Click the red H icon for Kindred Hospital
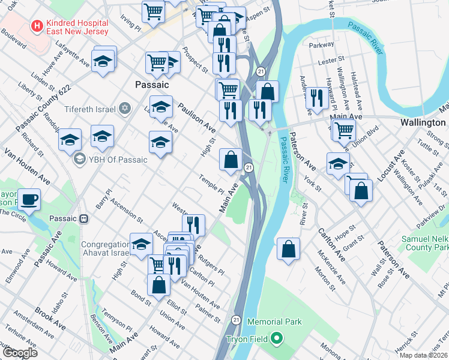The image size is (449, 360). coord(37,26)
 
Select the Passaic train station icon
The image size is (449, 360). coord(85,218)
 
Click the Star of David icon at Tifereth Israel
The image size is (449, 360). coord(125,109)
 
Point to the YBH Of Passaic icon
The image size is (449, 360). coord(79,160)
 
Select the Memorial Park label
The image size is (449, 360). coord(274,322)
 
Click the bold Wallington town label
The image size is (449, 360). coord(422,121)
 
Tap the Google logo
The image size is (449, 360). coord(20,352)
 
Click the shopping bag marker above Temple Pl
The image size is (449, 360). coord(231,160)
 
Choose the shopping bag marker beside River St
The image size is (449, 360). coord(289,248)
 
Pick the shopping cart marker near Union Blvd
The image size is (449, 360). coord(343,129)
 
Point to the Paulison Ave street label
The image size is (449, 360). coord(196,117)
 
